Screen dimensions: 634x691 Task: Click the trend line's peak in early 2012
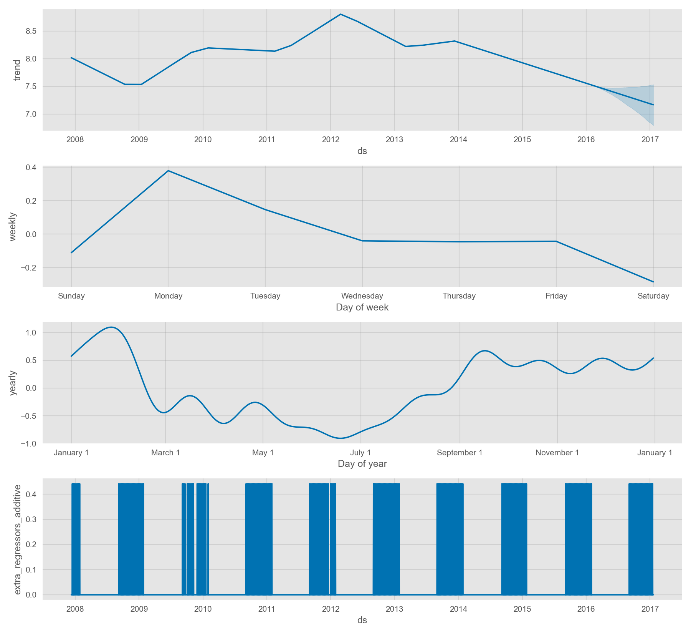click(341, 14)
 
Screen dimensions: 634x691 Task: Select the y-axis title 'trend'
click(17, 70)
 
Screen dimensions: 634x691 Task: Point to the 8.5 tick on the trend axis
click(31, 31)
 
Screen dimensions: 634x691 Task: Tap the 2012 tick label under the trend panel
click(331, 139)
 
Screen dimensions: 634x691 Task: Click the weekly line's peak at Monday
click(168, 171)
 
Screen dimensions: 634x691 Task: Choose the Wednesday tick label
click(362, 296)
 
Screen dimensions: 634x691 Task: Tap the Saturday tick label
click(653, 296)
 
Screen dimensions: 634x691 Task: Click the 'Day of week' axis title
click(362, 307)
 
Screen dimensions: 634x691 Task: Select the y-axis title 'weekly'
click(13, 226)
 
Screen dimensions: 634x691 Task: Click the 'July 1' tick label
click(360, 453)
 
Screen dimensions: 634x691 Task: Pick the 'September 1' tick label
click(460, 453)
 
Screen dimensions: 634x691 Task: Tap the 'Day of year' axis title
click(362, 464)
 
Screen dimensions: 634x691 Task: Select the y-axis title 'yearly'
click(13, 383)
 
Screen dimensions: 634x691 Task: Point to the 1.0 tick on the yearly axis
click(31, 333)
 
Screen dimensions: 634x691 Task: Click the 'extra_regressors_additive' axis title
click(17, 539)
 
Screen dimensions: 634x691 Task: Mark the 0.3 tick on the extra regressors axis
click(31, 519)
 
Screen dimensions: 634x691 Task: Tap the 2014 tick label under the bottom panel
click(458, 609)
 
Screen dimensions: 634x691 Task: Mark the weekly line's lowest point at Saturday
click(653, 282)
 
